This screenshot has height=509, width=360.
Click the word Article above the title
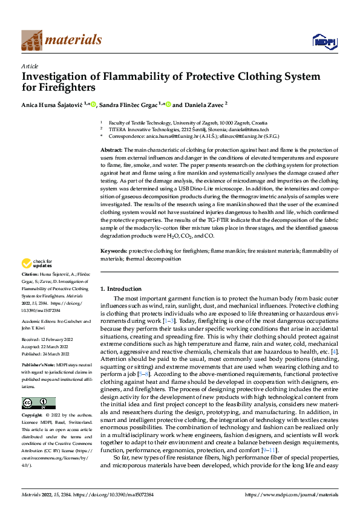pyautogui.click(x=30, y=66)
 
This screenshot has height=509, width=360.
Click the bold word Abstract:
pyautogui.click(x=111, y=149)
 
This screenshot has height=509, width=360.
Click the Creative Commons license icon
pyautogui.click(x=38, y=403)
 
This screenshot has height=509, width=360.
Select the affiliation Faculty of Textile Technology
pyautogui.click(x=143, y=122)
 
